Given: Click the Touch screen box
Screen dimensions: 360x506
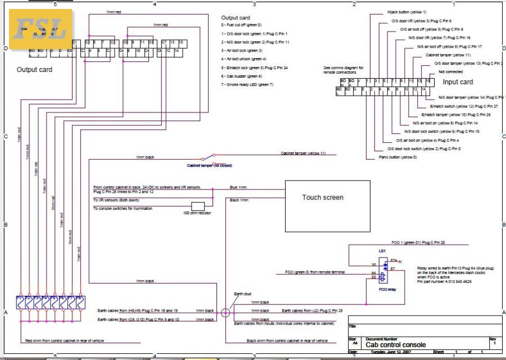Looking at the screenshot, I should point(323,206).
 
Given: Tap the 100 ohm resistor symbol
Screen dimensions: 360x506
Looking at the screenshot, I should point(198,206).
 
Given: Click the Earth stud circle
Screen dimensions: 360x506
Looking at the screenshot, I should point(225,313).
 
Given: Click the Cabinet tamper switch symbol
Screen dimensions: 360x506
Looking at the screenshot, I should point(209,157).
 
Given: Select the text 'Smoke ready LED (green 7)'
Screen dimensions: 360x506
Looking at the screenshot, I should point(247,84).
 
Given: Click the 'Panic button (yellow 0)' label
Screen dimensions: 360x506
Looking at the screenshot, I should point(397,157).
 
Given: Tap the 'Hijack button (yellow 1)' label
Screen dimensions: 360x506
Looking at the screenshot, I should point(407,12).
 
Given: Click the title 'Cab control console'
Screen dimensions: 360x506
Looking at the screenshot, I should point(396,345).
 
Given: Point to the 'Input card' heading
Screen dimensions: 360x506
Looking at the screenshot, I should point(458,82).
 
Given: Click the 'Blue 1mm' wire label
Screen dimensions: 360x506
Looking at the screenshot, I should point(238,187).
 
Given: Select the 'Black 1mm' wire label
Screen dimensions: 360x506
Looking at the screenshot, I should point(238,200).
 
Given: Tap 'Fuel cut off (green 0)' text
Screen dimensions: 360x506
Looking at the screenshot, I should point(242,25).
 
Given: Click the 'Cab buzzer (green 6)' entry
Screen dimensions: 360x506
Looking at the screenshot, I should point(242,76).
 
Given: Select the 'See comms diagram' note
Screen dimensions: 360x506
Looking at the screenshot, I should point(344,70).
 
